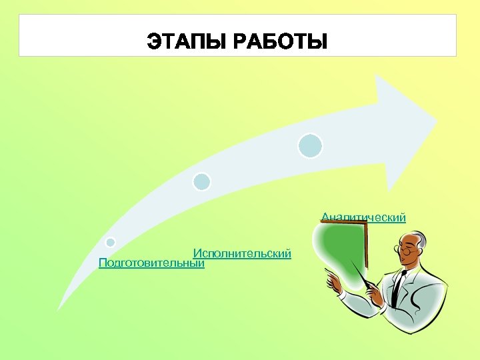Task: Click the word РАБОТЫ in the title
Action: (x=281, y=42)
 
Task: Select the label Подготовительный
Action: (x=151, y=263)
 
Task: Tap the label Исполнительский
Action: (x=243, y=253)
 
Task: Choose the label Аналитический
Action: (x=364, y=217)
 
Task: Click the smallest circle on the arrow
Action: (x=111, y=242)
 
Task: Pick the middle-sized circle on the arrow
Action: (x=201, y=181)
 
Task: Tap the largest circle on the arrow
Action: (x=310, y=146)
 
